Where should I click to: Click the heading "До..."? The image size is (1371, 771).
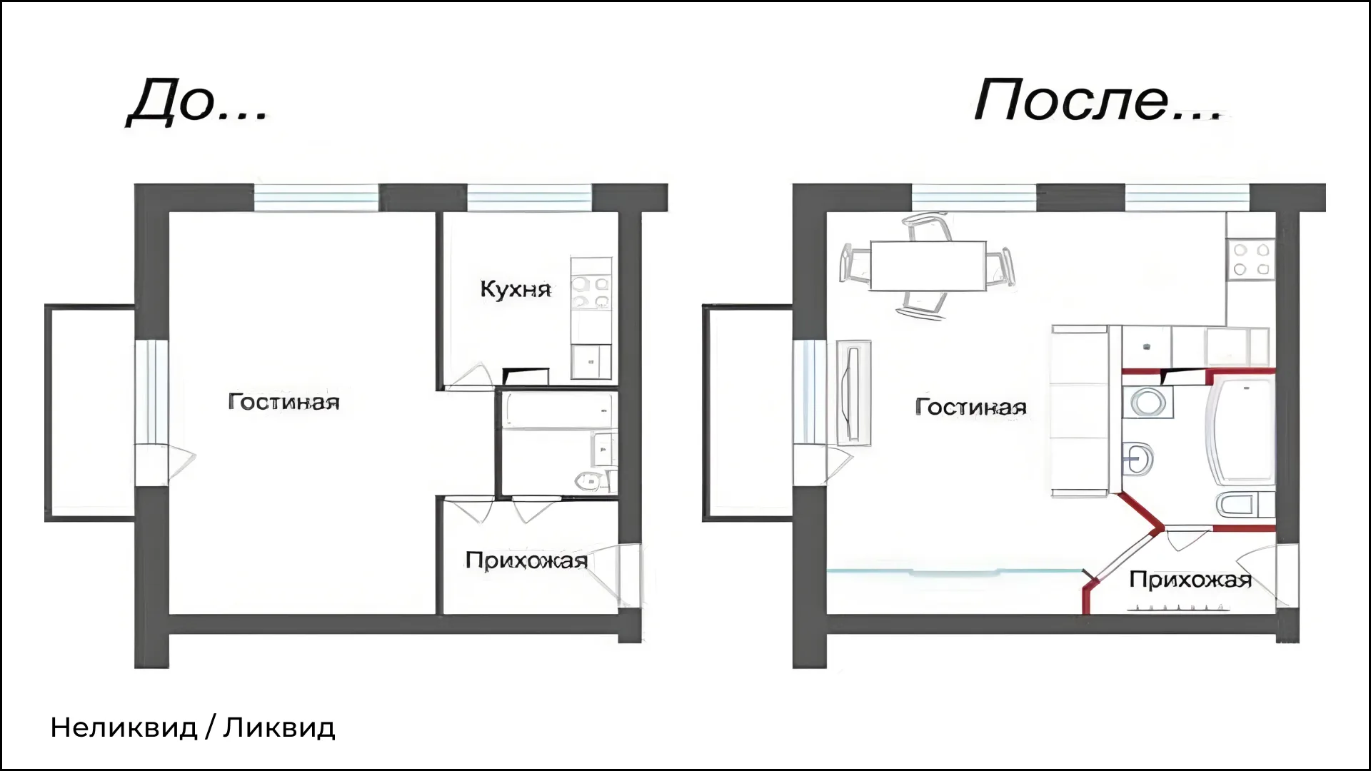point(198,101)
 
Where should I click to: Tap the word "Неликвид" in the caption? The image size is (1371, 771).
point(124,728)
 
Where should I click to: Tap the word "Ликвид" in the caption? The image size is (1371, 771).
point(279,728)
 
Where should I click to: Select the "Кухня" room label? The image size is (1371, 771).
point(516,289)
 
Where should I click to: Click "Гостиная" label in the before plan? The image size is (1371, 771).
point(283,401)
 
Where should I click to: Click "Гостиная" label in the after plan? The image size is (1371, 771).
point(970,407)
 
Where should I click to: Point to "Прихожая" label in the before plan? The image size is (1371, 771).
point(526,560)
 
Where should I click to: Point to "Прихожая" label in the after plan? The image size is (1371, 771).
point(1190,579)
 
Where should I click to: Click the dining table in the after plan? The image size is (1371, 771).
point(928,266)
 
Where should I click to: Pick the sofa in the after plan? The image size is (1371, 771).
point(1079,410)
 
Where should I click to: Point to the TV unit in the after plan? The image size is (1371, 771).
point(853,392)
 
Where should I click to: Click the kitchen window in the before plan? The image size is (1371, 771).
point(529,197)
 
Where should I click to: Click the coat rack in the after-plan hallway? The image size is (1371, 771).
point(1179,608)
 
